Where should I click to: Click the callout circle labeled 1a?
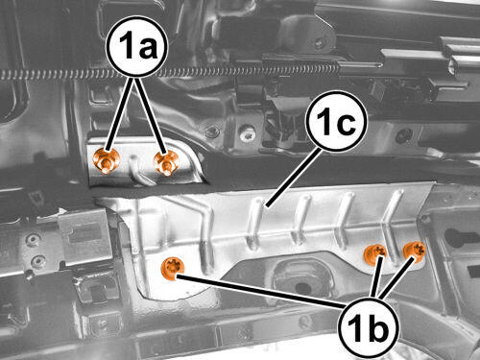[x=138, y=47]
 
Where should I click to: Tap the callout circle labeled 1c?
[x=336, y=121]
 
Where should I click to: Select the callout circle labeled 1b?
[x=368, y=327]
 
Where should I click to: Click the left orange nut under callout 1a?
[x=107, y=161]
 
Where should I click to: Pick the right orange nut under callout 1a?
[x=166, y=163]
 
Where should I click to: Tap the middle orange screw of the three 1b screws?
[x=375, y=253]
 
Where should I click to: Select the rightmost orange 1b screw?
[x=414, y=252]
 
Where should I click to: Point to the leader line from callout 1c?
[x=293, y=178]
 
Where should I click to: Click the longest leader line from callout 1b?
[x=260, y=291]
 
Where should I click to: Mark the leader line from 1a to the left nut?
[x=120, y=114]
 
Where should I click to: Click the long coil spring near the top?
[x=170, y=73]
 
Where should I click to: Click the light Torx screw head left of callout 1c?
[x=248, y=135]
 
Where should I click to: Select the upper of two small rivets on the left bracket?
[x=33, y=240]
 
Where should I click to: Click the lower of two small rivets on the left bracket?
[x=38, y=261]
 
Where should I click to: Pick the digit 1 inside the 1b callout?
[x=353, y=328]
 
